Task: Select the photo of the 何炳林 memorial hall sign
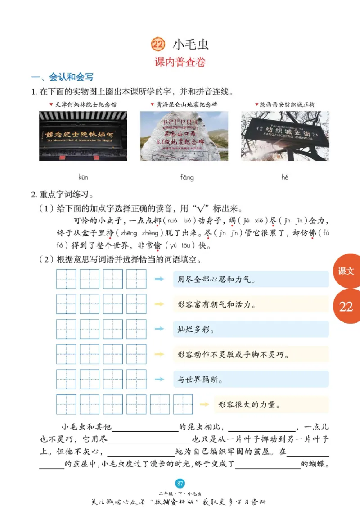(x=83, y=136)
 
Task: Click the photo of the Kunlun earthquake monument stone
(x=184, y=136)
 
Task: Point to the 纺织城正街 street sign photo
(x=285, y=136)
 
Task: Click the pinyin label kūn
(x=83, y=177)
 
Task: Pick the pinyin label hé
(x=285, y=177)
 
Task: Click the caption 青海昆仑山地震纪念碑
(x=186, y=104)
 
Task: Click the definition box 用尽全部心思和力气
(x=251, y=280)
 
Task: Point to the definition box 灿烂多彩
(x=251, y=330)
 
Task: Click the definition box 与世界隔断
(x=251, y=380)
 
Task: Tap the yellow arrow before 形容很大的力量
(x=204, y=404)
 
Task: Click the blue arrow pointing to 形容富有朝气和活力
(x=158, y=304)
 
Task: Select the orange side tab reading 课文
(x=346, y=271)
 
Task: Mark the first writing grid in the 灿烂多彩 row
(x=66, y=329)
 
